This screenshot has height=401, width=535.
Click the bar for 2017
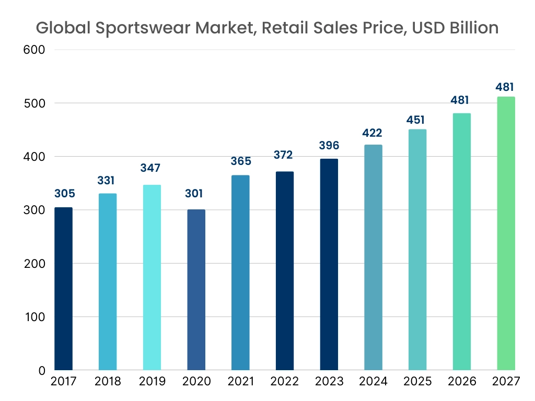63,289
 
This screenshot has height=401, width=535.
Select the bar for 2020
196,290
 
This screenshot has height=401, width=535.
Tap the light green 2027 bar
506,233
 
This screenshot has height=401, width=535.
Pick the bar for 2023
329,265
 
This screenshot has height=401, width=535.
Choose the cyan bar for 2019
152,277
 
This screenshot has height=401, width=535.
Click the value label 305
65,194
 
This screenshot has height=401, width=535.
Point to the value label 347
150,168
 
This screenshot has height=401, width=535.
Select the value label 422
373,133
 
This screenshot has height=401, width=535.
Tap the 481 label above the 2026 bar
460,100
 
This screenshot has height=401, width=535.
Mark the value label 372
283,155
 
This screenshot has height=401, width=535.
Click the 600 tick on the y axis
35,50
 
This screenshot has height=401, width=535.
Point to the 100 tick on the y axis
36,317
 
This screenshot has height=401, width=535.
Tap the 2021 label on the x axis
240,382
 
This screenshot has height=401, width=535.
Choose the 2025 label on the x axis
418,382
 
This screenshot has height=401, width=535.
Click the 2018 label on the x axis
108,382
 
